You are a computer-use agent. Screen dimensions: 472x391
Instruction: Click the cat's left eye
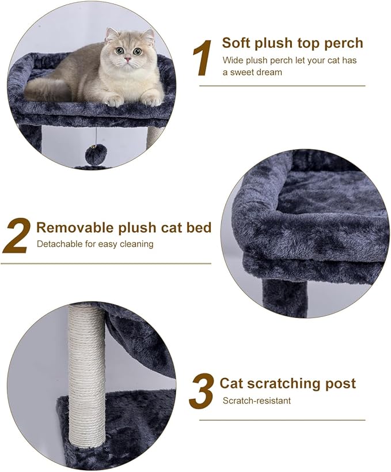coord(137,52)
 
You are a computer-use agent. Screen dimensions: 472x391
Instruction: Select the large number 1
coord(202,59)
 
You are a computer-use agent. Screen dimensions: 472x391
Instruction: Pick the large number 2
coord(16,236)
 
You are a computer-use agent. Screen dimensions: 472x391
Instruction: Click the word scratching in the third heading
coord(276,383)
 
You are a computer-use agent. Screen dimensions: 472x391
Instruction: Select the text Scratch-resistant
coord(256,401)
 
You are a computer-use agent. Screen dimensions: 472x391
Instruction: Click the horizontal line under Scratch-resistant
coord(282,420)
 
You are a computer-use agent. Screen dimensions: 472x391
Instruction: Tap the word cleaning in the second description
coord(136,244)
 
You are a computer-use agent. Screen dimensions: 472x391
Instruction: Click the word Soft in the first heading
coord(236,43)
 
